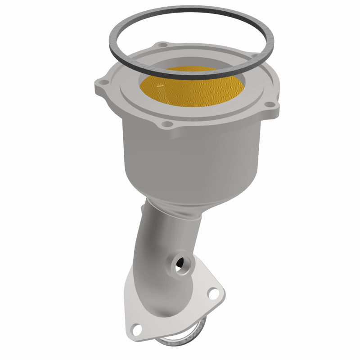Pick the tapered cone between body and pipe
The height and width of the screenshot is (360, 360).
tap(189, 189)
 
